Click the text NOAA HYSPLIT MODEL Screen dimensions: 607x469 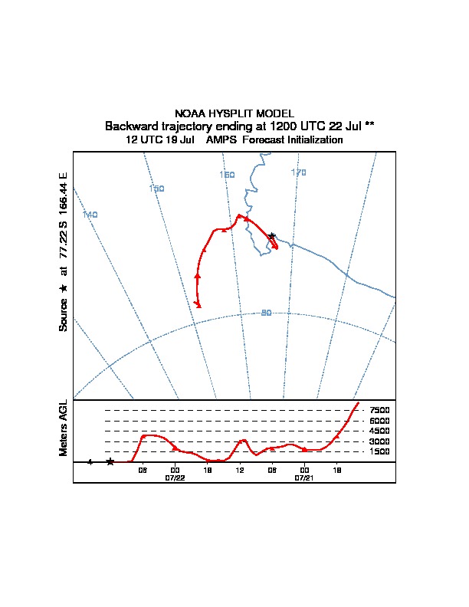(x=235, y=113)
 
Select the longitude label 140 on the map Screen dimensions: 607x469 (x=90, y=215)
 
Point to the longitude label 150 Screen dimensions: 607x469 (x=156, y=189)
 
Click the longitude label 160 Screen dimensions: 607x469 (x=227, y=175)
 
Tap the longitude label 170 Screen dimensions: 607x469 (x=298, y=172)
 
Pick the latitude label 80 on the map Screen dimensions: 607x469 (x=267, y=313)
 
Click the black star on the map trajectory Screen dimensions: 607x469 (x=272, y=236)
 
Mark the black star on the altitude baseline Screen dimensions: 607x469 (x=110, y=461)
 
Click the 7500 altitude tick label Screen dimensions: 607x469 (x=379, y=410)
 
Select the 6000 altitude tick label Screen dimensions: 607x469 (x=379, y=421)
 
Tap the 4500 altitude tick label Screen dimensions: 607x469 (x=379, y=431)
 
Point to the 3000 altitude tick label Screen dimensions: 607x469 (x=379, y=441)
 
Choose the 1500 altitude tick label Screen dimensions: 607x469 (x=379, y=451)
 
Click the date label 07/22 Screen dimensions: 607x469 (x=175, y=477)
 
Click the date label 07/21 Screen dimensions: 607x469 (x=305, y=477)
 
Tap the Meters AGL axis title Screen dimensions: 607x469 (x=64, y=428)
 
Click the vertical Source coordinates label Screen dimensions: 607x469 (x=64, y=253)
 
